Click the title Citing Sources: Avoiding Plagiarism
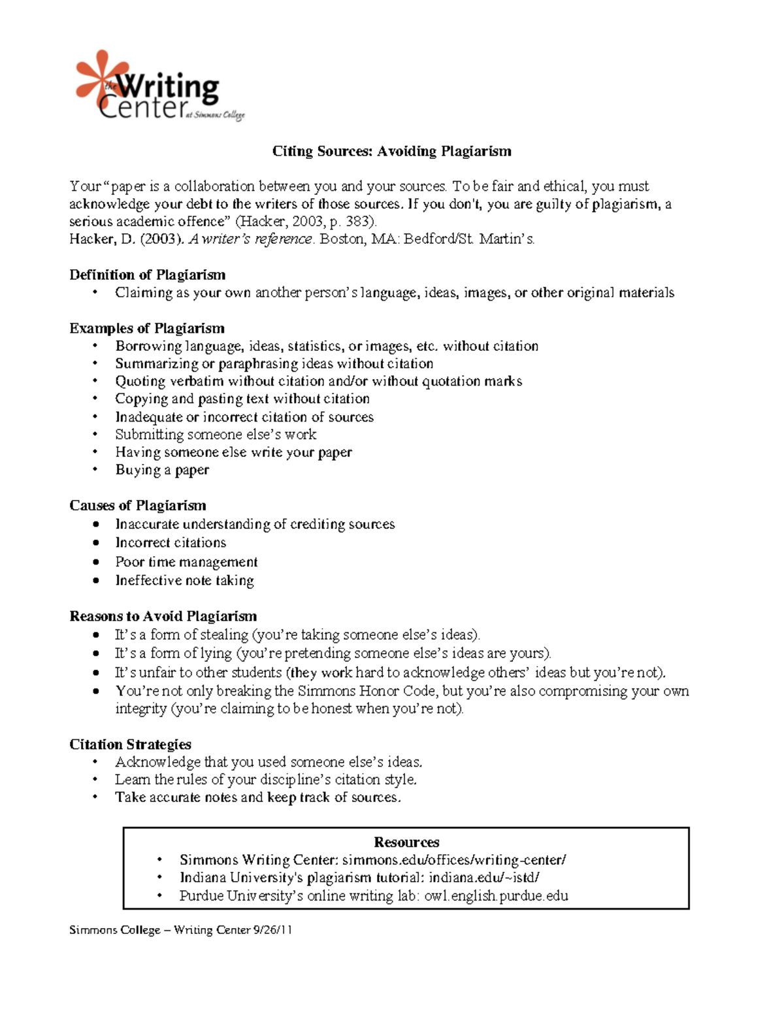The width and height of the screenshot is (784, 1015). tap(391, 152)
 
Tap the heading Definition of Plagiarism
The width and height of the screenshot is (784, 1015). tap(147, 275)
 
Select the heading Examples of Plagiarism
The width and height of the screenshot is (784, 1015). tap(146, 328)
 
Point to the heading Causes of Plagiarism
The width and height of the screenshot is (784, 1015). tap(137, 505)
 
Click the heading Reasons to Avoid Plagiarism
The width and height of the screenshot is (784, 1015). tap(163, 616)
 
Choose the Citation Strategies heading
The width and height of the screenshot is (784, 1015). tap(130, 744)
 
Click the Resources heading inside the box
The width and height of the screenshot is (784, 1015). tap(406, 842)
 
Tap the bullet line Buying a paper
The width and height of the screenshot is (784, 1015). tap(162, 470)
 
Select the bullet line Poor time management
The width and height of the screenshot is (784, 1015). tap(186, 561)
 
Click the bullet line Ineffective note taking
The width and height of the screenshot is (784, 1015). tap(184, 580)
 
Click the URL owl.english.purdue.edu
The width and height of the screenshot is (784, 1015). tap(496, 895)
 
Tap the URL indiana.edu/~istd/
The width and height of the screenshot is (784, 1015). tap(483, 878)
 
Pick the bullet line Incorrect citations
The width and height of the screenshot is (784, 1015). tap(171, 542)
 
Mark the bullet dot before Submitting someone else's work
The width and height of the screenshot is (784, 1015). tap(95, 435)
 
